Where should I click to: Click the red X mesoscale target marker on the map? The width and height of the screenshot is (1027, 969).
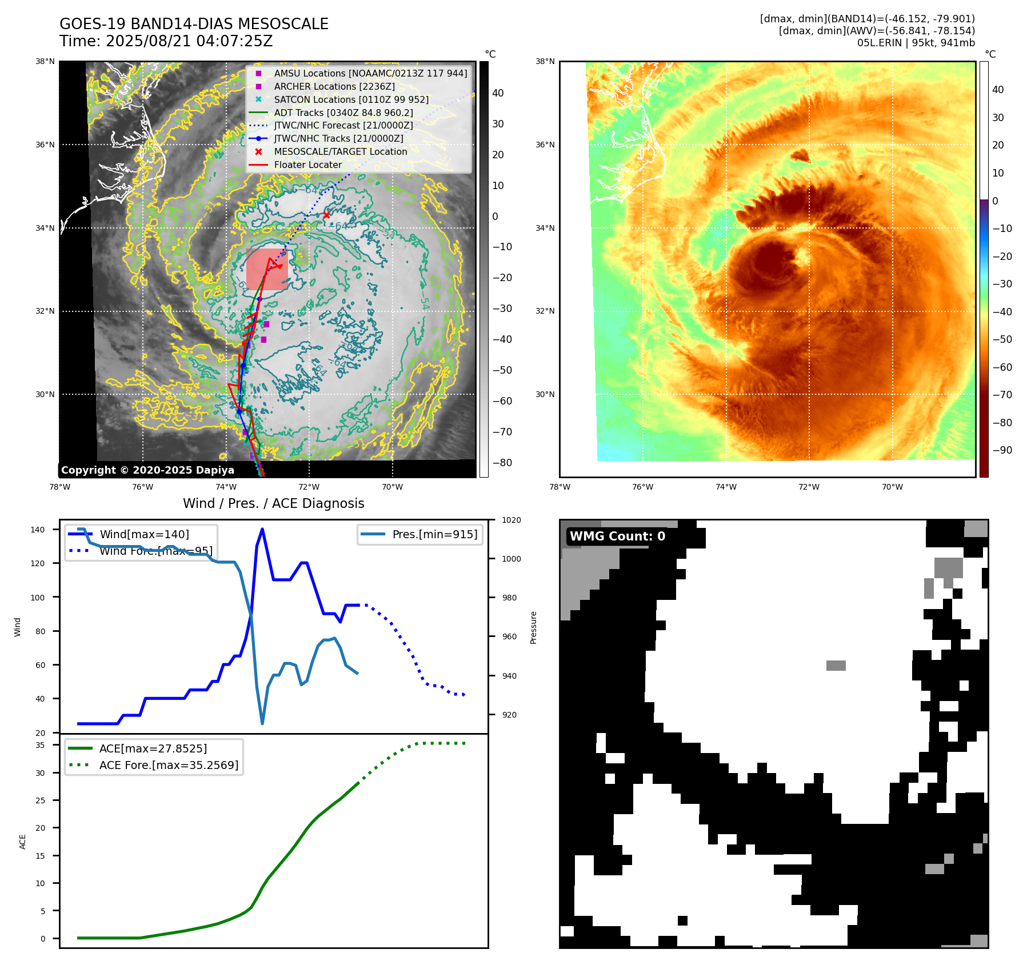pos(326,215)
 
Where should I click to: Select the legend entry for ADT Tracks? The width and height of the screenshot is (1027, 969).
pos(343,113)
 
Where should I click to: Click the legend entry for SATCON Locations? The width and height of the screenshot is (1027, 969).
pos(351,99)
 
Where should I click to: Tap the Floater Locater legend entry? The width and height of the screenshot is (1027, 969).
pos(307,165)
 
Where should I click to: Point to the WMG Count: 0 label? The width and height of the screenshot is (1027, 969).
pos(617,536)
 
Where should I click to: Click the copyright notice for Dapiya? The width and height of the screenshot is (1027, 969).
pos(147,470)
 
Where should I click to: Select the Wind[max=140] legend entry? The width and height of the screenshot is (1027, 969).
pos(144,534)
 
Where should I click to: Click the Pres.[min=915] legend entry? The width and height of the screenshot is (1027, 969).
pos(434,534)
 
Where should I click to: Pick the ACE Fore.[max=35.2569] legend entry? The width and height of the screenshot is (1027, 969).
pos(169,764)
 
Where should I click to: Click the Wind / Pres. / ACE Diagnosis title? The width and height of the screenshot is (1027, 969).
pos(273,503)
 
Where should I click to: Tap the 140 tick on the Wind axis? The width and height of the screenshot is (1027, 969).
pos(38,530)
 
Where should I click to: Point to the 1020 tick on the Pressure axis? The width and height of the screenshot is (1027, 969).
pos(511,520)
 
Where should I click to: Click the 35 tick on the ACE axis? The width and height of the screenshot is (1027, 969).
pos(40,745)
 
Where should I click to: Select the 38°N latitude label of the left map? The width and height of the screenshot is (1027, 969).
pos(45,62)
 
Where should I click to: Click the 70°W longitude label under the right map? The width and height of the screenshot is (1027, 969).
pos(892,487)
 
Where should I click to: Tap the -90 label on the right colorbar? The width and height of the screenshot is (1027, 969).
pos(1002,450)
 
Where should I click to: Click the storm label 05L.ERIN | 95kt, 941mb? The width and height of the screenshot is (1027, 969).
pos(916,43)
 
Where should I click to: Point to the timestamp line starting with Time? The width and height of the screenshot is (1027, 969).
pos(166,41)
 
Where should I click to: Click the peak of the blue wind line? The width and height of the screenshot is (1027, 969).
pos(262,529)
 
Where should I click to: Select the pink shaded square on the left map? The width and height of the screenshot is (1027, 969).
pos(266,269)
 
